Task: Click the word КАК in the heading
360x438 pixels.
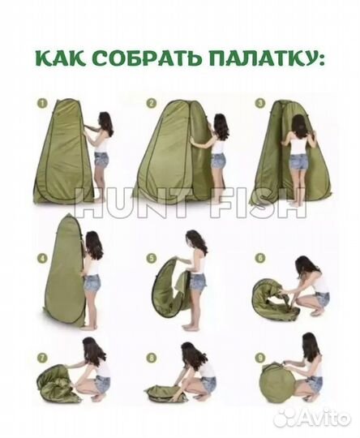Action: pyautogui.click(x=60, y=59)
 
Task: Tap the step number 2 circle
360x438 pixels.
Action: pyautogui.click(x=151, y=104)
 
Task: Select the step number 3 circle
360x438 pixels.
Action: pyautogui.click(x=259, y=104)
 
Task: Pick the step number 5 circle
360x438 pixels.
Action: pyautogui.click(x=151, y=259)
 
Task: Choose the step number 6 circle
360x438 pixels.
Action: pyautogui.click(x=259, y=259)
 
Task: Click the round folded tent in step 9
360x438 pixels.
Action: pyautogui.click(x=280, y=380)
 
